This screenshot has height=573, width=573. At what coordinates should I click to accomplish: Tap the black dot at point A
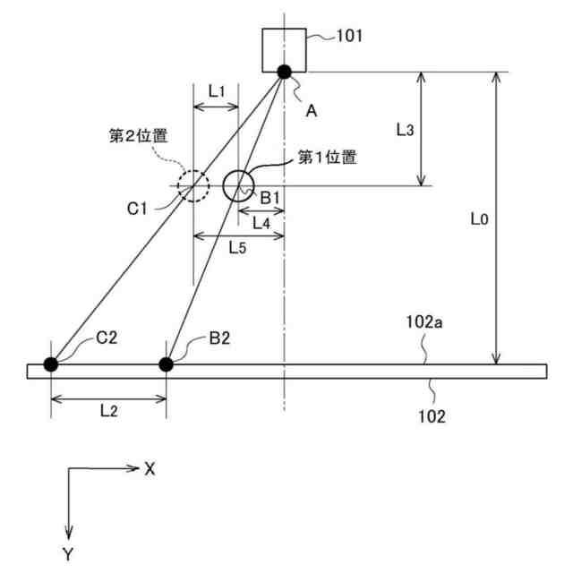285,73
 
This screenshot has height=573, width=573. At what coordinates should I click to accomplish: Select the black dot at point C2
51,363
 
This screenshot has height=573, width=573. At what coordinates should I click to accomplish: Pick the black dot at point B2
166,363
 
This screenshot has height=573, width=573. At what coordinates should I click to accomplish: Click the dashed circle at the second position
192,186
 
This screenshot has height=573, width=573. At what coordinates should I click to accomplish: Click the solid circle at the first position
238,185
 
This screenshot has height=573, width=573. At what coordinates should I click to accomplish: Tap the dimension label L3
404,130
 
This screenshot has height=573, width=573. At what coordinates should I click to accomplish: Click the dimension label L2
108,411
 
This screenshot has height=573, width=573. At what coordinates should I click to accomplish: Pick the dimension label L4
260,222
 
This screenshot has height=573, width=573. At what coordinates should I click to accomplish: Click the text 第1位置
327,158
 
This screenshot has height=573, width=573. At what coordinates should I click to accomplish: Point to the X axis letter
150,468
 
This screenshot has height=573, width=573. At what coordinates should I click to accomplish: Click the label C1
137,209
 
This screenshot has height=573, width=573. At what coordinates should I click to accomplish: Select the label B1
271,196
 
